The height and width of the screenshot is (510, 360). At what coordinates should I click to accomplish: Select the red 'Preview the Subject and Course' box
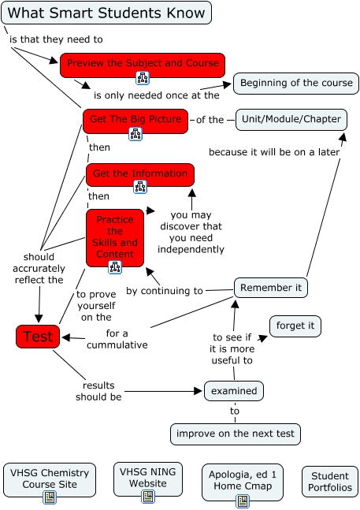pyautogui.click(x=143, y=63)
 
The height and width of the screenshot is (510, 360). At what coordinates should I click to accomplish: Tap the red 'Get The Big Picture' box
pyautogui.click(x=135, y=120)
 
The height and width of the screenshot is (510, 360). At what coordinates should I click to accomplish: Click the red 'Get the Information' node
pyautogui.click(x=139, y=173)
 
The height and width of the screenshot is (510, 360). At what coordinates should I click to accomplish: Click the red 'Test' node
pyautogui.click(x=38, y=337)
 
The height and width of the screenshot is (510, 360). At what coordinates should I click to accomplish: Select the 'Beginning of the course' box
pyautogui.click(x=295, y=83)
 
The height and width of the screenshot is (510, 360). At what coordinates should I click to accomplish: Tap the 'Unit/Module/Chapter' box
pyautogui.click(x=291, y=119)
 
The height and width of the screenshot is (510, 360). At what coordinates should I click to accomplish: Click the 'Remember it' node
pyautogui.click(x=270, y=288)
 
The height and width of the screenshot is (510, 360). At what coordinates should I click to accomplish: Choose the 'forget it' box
pyautogui.click(x=295, y=326)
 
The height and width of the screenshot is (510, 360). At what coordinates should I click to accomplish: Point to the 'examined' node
pyautogui.click(x=234, y=390)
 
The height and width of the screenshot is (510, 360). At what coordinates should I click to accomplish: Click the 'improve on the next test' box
pyautogui.click(x=236, y=434)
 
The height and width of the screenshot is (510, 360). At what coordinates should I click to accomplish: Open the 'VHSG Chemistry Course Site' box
pyautogui.click(x=49, y=478)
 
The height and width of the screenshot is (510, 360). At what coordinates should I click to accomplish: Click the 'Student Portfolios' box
pyautogui.click(x=330, y=482)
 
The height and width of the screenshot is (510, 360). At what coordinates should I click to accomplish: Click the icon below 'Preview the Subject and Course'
pyautogui.click(x=143, y=77)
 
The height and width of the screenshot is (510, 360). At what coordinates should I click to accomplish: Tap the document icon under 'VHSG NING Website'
pyautogui.click(x=147, y=497)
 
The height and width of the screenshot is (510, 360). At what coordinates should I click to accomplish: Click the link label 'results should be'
pyautogui.click(x=99, y=391)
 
